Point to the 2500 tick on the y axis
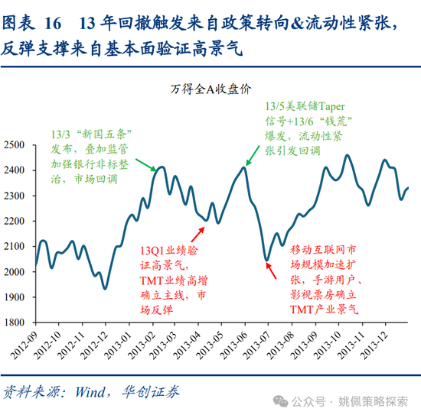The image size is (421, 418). pos(15,145)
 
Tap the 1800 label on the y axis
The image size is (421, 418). pos(15,322)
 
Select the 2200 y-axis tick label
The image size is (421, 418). pos(15,221)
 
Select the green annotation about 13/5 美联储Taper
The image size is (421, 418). pos(303,130)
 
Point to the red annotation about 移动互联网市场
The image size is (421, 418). pos(325,279)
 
